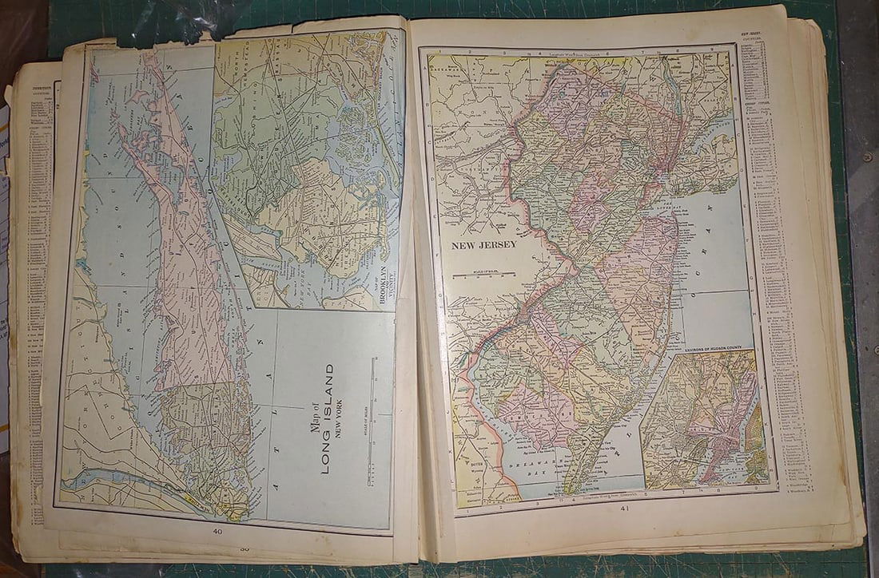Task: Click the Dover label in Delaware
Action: (465, 462)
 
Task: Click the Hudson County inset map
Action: (703, 419)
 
